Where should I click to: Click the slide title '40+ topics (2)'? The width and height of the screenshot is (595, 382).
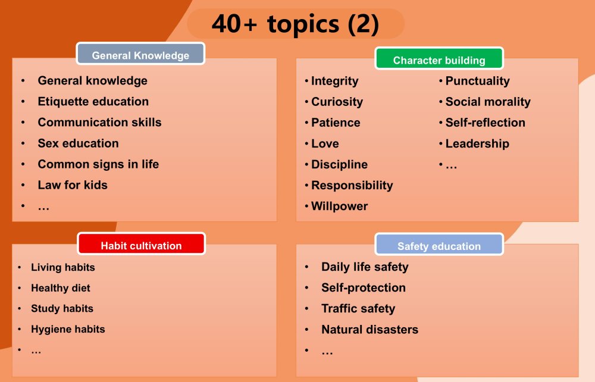coord(295,24)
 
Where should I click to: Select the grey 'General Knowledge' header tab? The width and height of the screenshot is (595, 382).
coord(140,54)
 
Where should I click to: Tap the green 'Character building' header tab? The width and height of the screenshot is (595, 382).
coord(439,58)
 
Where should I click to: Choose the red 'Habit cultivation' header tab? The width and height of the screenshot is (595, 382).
coord(141,244)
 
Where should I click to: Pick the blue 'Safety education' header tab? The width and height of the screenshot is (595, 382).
coord(439,245)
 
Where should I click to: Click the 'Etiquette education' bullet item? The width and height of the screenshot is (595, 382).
coord(93,102)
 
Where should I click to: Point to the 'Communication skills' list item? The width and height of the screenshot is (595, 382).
coord(99,123)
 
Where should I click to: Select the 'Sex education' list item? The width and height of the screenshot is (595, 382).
coord(78,143)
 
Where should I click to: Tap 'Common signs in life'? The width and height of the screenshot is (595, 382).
coord(98,164)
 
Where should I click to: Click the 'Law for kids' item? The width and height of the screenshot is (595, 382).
coord(73,185)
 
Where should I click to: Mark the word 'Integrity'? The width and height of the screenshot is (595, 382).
coord(334,81)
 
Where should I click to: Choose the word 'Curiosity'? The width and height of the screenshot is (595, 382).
coord(337,102)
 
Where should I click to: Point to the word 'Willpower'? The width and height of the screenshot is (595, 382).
coord(339,206)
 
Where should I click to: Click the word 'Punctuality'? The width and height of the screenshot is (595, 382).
coord(477,81)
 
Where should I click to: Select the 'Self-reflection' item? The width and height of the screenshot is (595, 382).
coord(486,123)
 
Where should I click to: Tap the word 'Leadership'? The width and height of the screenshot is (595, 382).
coord(477,144)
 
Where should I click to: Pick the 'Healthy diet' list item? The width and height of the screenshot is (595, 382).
coord(61,289)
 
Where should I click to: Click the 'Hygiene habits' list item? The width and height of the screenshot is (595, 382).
coord(68,329)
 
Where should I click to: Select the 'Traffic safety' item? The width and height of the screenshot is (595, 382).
coord(358,309)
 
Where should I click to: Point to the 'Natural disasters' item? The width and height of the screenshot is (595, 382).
coord(370,330)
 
